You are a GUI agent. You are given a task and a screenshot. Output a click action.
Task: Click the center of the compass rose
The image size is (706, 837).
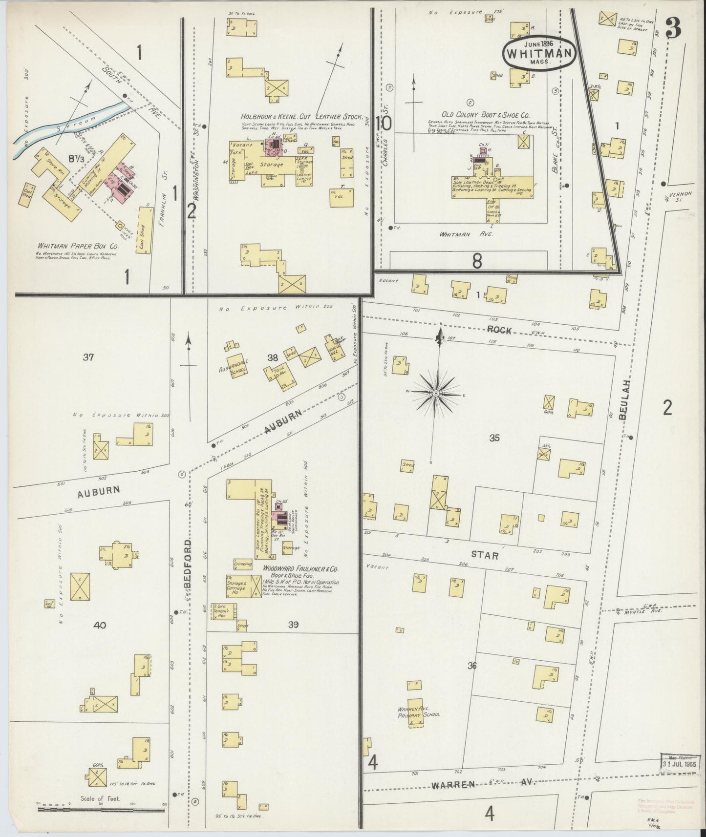[435, 392]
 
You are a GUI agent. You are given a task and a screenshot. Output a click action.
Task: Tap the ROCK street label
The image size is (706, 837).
[498, 331]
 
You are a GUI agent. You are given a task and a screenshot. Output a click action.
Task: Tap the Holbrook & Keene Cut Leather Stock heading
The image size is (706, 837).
[302, 117]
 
